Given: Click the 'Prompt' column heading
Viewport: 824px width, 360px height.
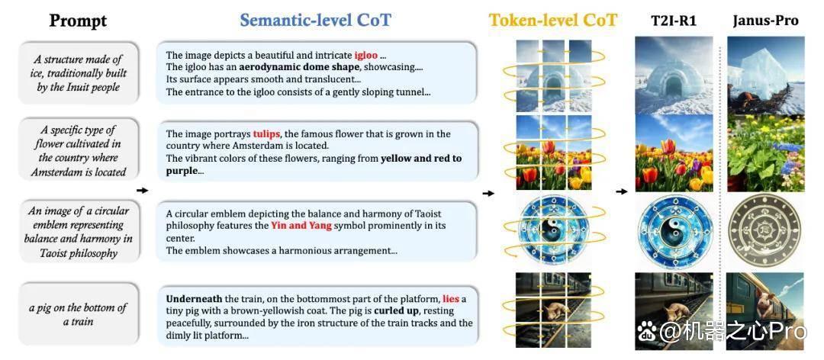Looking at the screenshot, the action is [78, 21].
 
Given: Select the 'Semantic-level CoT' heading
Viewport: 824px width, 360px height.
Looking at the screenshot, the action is [316, 20].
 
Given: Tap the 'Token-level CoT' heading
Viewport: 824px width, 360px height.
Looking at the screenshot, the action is [553, 20].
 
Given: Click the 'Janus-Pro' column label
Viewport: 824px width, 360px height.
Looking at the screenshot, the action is [765, 21].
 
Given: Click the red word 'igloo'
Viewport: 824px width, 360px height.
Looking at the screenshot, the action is [365, 55].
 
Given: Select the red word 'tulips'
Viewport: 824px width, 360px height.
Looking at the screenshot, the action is [266, 134].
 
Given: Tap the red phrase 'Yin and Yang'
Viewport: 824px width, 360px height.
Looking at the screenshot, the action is [301, 226].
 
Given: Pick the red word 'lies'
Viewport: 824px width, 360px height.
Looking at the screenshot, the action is [450, 298].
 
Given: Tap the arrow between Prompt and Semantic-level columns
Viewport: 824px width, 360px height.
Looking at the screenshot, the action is [142, 190].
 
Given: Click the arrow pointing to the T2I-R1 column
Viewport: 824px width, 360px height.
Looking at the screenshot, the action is [622, 191].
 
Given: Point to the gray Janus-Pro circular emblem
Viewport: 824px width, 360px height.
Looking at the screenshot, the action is [765, 230].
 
